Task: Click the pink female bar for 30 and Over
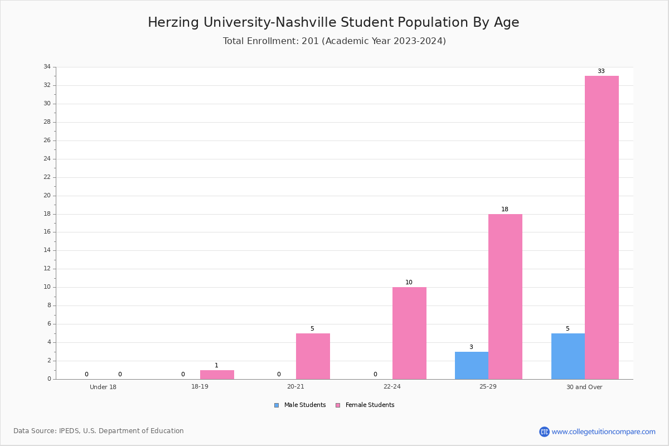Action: coord(602,227)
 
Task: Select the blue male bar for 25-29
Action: coord(472,365)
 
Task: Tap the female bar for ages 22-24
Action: coord(409,333)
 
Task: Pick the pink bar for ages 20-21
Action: coord(313,356)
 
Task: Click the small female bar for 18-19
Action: coord(217,375)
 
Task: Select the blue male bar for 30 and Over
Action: coord(568,356)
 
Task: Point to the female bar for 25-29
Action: coord(505,297)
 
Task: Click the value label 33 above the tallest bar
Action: coord(601,71)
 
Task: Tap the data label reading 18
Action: coord(505,210)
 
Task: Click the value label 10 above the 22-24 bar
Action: coord(409,282)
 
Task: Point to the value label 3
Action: coord(471,347)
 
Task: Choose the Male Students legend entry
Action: coord(300,405)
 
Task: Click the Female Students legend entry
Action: coord(365,405)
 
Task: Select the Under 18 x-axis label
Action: coord(103,387)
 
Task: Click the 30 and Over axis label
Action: coord(584,387)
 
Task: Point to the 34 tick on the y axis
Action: coord(47,66)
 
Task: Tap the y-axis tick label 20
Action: coord(47,196)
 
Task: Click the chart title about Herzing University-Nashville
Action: coord(333,22)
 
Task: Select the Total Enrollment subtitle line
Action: coord(334,41)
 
